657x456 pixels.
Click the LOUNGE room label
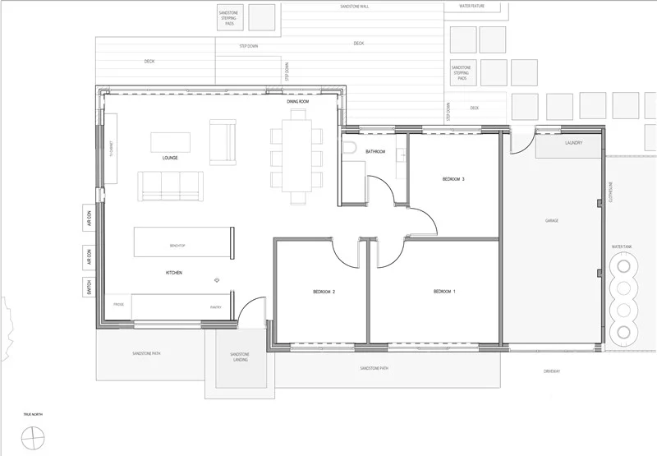[170, 158]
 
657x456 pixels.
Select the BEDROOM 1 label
[443, 292]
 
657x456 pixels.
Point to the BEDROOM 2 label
[324, 292]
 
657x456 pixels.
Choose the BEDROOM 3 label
[453, 179]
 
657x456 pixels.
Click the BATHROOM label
[375, 152]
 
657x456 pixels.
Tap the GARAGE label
[552, 221]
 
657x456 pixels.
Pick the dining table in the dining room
[296, 156]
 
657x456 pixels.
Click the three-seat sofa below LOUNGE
[170, 186]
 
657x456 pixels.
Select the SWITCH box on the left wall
[89, 288]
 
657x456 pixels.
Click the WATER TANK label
[622, 246]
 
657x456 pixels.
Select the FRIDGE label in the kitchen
[118, 306]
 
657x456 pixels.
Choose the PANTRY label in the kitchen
[216, 306]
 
